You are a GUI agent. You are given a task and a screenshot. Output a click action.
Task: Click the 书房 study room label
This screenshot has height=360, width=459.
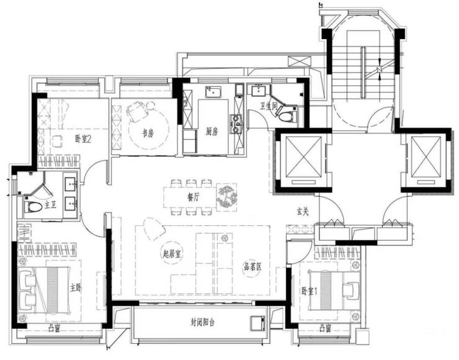point(148,133)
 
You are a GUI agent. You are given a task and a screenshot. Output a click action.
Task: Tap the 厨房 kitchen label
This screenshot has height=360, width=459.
point(212,132)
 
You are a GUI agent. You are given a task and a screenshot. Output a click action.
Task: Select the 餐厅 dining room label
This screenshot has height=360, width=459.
point(193,197)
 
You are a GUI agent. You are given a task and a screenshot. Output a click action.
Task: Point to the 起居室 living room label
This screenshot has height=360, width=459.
point(172,253)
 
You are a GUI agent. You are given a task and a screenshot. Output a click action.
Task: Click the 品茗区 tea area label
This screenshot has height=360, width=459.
point(253,266)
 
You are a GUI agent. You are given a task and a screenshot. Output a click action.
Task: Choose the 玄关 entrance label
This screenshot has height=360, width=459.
point(303,211)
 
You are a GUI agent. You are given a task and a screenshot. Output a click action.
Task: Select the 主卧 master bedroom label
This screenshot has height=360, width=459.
point(76,287)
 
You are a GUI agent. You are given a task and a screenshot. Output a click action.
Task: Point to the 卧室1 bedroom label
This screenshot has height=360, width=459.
point(310,291)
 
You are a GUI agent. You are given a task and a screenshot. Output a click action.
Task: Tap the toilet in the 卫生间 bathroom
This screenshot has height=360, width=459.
point(286,117)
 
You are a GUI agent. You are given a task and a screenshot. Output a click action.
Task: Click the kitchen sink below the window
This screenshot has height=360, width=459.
point(213,92)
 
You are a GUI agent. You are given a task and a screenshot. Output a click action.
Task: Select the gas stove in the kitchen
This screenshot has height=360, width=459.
point(236,124)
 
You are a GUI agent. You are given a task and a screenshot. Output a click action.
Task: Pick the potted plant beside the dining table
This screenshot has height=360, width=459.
point(226,197)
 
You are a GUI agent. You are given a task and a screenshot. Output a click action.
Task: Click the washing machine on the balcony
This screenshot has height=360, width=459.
point(258,323)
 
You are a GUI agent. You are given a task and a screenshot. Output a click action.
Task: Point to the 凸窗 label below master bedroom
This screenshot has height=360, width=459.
point(54,329)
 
